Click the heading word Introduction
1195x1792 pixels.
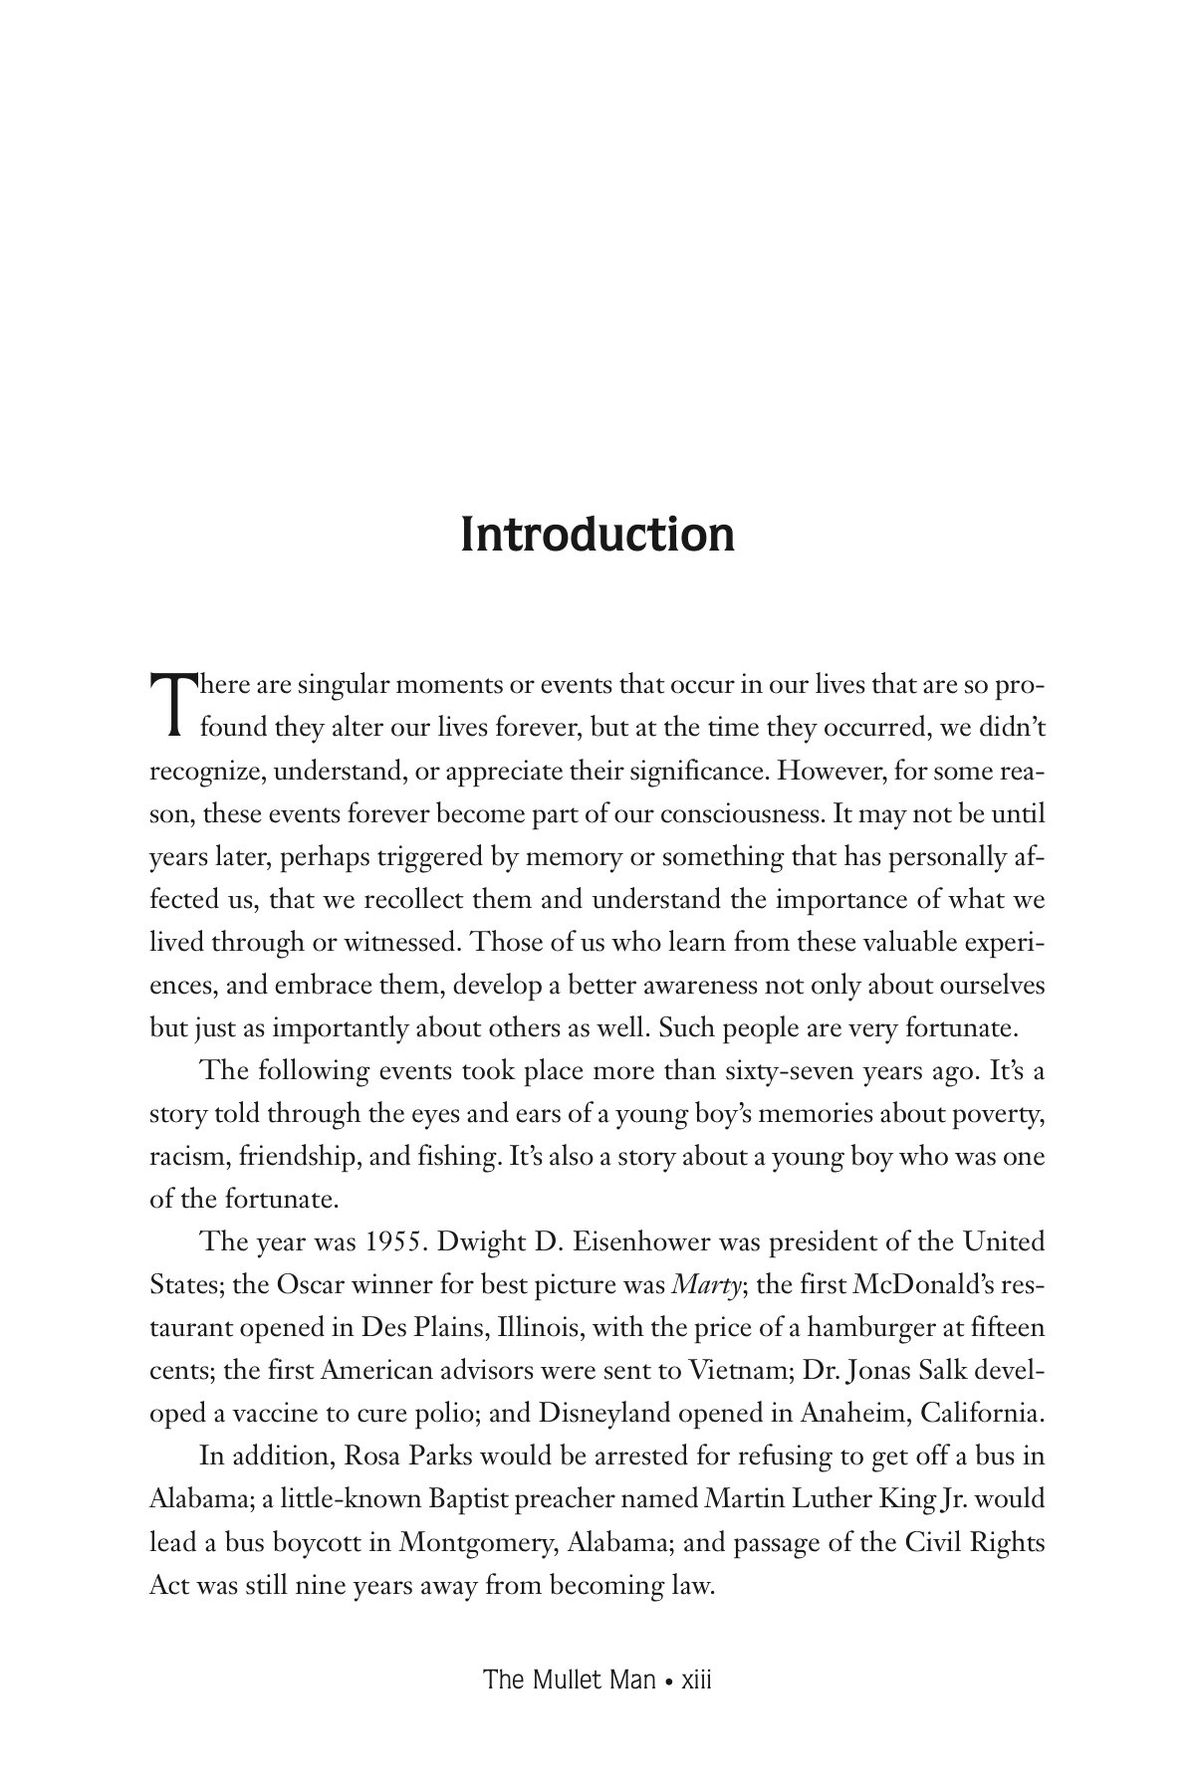coord(597,535)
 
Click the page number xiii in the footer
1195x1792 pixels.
coord(693,1680)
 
